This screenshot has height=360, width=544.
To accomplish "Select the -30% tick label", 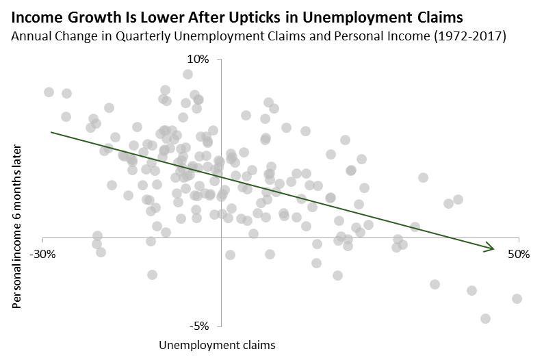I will tap(42, 254).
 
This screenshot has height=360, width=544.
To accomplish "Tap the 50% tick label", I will tap(519, 254).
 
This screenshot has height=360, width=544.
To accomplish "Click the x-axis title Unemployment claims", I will tap(217, 345).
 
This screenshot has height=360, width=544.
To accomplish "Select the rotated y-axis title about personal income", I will tap(18, 226).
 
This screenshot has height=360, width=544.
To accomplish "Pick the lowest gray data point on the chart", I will tap(485, 318).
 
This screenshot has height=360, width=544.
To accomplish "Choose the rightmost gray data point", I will tap(517, 298).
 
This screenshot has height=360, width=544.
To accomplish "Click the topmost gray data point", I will tap(187, 75).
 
